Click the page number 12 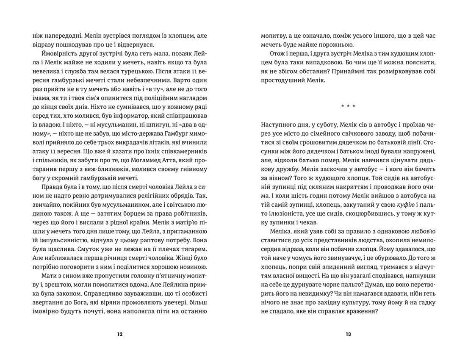(x=119, y=334)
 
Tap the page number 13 (x=348, y=334)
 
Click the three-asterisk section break (x=348, y=105)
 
